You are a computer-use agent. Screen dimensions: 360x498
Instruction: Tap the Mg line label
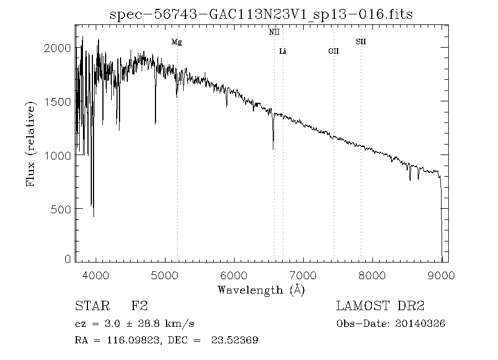point(176,42)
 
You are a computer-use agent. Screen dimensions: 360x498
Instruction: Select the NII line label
point(274,33)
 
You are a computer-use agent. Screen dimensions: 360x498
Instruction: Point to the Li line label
point(282,52)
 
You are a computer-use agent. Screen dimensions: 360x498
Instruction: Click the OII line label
point(333,52)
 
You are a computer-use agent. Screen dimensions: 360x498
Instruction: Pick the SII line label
point(360,42)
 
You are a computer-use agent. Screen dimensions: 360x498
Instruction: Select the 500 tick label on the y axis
point(61,209)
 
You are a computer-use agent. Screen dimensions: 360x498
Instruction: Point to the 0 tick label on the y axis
point(68,259)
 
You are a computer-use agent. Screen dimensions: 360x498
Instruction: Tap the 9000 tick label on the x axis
point(441,275)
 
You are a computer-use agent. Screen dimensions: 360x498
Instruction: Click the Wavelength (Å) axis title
point(261,289)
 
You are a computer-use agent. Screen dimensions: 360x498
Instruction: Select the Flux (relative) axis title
point(32,143)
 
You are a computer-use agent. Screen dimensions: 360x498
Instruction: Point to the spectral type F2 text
point(139,306)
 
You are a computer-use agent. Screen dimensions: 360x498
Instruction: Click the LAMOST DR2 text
point(380,306)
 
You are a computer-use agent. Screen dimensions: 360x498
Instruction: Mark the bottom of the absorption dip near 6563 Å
point(273,148)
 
